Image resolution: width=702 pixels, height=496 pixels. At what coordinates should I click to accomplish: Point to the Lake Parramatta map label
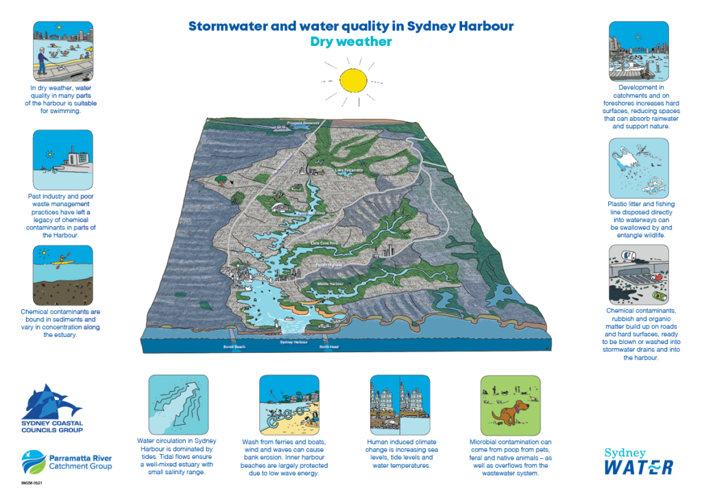(x=348, y=170)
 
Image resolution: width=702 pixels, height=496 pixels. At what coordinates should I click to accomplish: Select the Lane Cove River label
(x=325, y=243)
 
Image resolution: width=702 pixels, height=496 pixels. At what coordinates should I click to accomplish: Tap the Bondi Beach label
(x=234, y=347)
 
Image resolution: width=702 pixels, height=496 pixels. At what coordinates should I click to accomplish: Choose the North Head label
(x=329, y=347)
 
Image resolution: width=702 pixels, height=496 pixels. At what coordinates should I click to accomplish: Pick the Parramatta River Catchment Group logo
(x=66, y=461)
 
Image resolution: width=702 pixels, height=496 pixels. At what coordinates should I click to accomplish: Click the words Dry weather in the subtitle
(x=350, y=42)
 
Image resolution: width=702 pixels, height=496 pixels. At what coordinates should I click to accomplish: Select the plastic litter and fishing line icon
(x=638, y=169)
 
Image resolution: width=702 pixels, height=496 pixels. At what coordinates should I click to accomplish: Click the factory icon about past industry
(x=63, y=162)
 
